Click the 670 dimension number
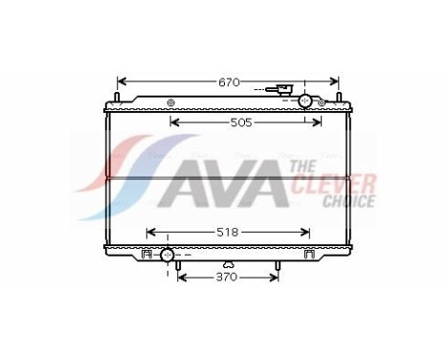coord(228,83)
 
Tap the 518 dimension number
coord(229,232)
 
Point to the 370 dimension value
coord(228,278)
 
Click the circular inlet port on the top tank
coord(306,101)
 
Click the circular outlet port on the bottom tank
coord(168,255)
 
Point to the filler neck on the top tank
coord(283,92)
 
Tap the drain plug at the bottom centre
coord(228,264)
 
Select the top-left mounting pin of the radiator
coord(116,96)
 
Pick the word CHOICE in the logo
coord(348,202)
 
